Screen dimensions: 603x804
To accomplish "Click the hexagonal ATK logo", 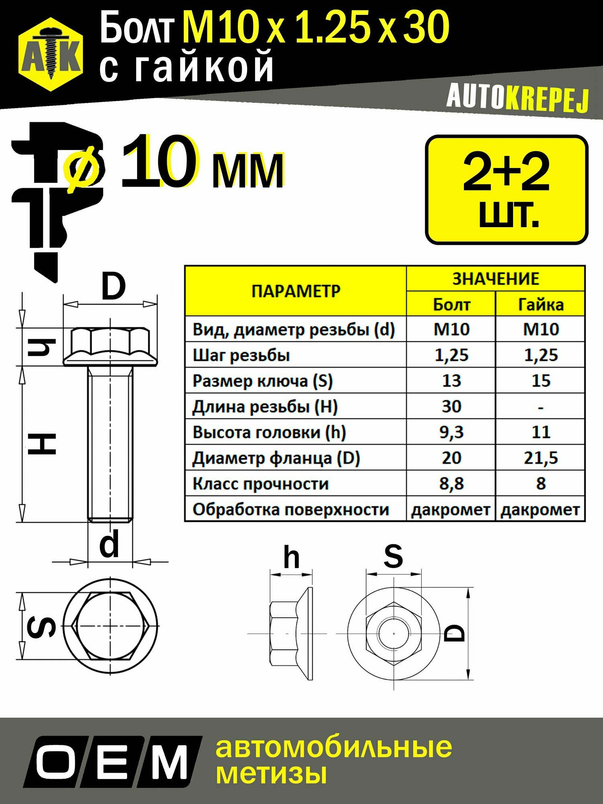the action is pos(51,54).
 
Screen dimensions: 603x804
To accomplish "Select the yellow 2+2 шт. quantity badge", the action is pos(507,190).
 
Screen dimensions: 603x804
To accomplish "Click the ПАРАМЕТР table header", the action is pos(296,291).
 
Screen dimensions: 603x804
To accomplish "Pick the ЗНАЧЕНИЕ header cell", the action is pos(496,279).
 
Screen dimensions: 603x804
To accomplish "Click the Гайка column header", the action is pos(541,304).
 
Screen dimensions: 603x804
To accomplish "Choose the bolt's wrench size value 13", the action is pos(452,380).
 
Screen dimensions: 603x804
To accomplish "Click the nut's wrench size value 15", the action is pos(541,380).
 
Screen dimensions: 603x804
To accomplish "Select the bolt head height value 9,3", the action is pos(452,432).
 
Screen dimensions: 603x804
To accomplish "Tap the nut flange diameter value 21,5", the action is pos(541,458).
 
